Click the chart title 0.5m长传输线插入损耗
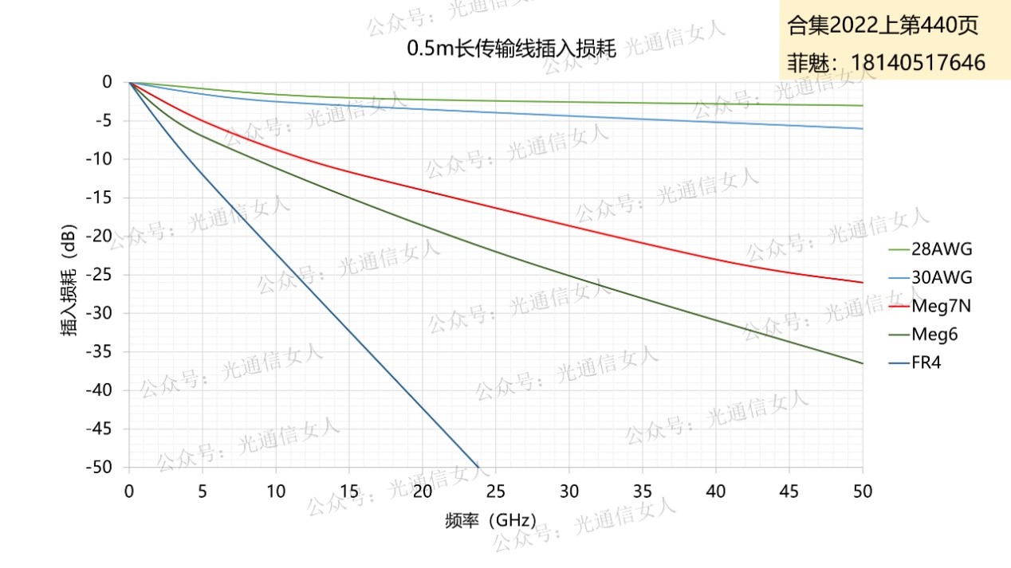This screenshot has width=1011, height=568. click(x=512, y=49)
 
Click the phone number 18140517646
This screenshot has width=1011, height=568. click(x=918, y=63)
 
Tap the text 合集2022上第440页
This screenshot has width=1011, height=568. click(x=883, y=25)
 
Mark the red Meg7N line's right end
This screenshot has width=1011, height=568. click(x=863, y=282)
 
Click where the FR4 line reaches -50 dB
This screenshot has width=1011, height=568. click(x=478, y=467)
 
